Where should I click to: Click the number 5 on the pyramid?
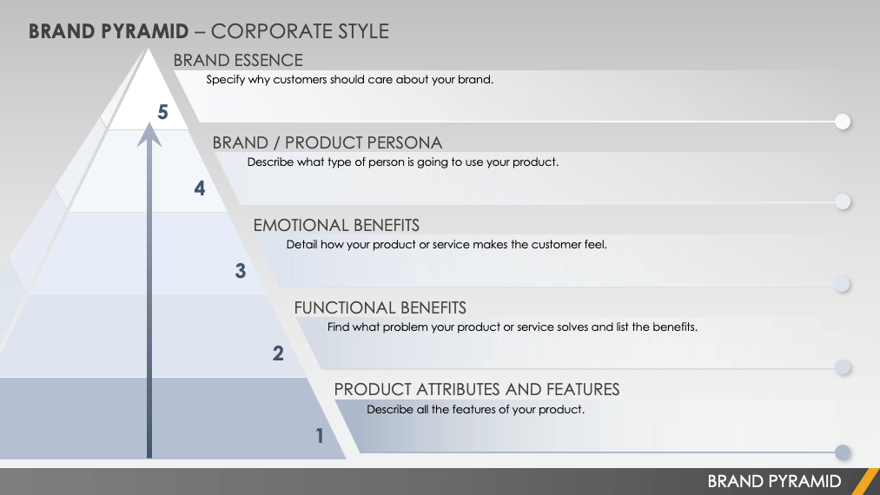pos(162,112)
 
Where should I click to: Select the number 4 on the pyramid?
pos(200,188)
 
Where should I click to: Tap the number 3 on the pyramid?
pos(241,271)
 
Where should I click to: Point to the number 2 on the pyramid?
pos(278,353)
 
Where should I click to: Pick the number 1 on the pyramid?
pos(320,436)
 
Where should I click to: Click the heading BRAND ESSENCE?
pos(238,60)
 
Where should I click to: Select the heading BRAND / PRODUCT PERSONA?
pos(328,142)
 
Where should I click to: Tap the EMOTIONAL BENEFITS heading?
pos(336,225)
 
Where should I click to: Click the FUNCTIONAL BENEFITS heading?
pos(380,307)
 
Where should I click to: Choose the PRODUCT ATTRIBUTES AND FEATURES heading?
pos(477,390)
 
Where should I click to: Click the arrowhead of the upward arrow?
pos(149,135)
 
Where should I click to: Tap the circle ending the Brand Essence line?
pos(843,122)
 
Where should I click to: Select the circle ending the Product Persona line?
pos(843,201)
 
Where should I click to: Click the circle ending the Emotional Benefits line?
pos(843,285)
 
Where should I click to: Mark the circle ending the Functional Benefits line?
pos(843,367)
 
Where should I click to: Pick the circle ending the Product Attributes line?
pos(843,452)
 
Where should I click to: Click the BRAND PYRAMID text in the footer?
pos(774,481)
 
